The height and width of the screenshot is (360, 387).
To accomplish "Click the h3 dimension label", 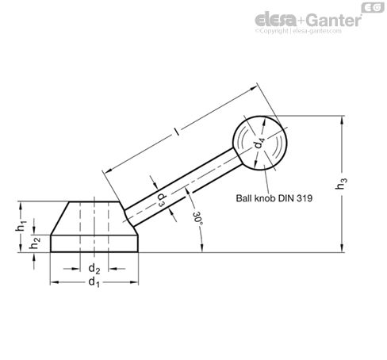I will (363, 184).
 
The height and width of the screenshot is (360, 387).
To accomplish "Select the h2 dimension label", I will (35, 243).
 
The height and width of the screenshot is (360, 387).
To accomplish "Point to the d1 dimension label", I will (94, 281).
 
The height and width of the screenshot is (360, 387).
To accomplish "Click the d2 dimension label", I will (94, 266).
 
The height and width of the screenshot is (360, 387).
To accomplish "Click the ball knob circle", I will (260, 143).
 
